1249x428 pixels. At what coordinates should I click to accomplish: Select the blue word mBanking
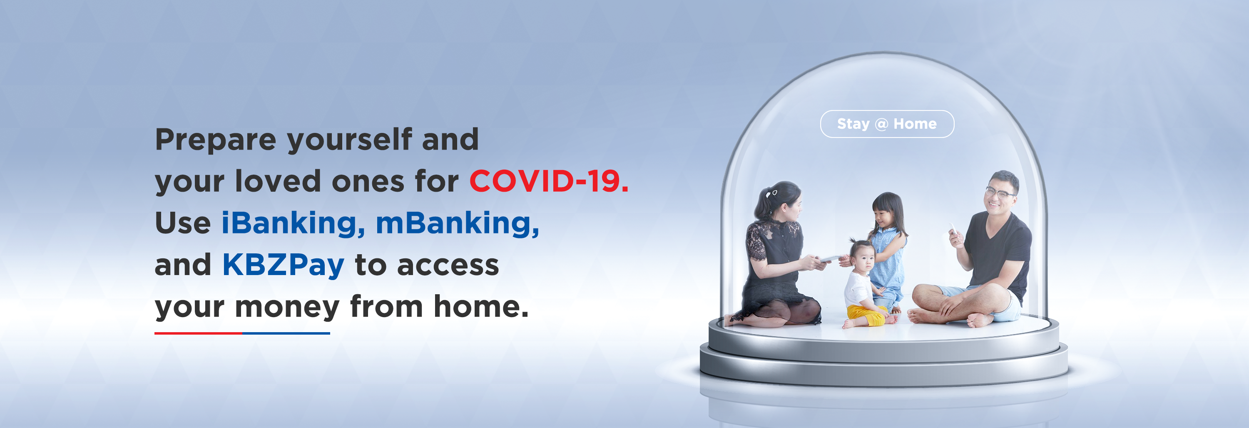(x=457, y=223)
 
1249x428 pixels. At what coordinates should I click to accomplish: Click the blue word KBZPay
(x=283, y=265)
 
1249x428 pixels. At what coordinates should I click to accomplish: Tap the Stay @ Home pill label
(x=887, y=124)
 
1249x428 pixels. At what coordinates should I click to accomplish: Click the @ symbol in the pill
(x=881, y=125)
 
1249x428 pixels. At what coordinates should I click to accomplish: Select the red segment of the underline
(x=198, y=333)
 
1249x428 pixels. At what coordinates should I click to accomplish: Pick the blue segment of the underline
(x=286, y=333)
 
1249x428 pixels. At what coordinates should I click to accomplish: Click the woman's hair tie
(x=771, y=193)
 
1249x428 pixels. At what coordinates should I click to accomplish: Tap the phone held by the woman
(x=831, y=259)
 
